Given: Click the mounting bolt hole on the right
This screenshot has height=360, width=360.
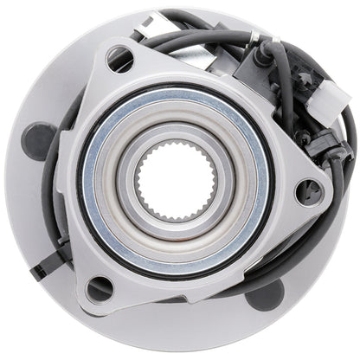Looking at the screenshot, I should (307, 191).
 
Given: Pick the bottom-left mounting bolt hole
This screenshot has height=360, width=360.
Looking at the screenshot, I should (99, 287).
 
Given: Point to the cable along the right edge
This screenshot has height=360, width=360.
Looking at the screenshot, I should (348, 173).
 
